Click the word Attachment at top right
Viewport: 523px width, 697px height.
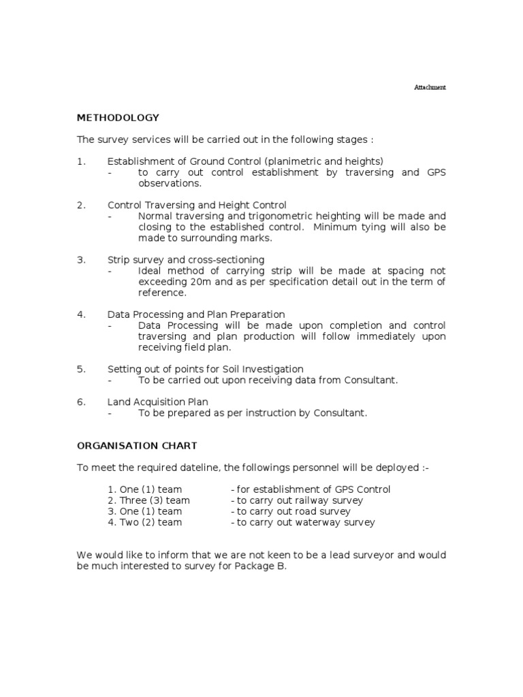[x=430, y=88]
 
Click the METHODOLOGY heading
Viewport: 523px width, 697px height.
[x=118, y=118]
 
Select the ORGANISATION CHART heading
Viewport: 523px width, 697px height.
[x=137, y=446]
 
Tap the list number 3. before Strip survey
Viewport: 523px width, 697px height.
[x=81, y=260]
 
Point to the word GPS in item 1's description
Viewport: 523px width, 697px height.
[x=437, y=172]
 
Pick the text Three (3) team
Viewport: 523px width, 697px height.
[x=148, y=500]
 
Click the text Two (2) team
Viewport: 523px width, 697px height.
[x=144, y=522]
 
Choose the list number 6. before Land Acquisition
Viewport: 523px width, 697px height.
[x=81, y=402]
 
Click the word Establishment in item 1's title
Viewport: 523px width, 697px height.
[x=138, y=161]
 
